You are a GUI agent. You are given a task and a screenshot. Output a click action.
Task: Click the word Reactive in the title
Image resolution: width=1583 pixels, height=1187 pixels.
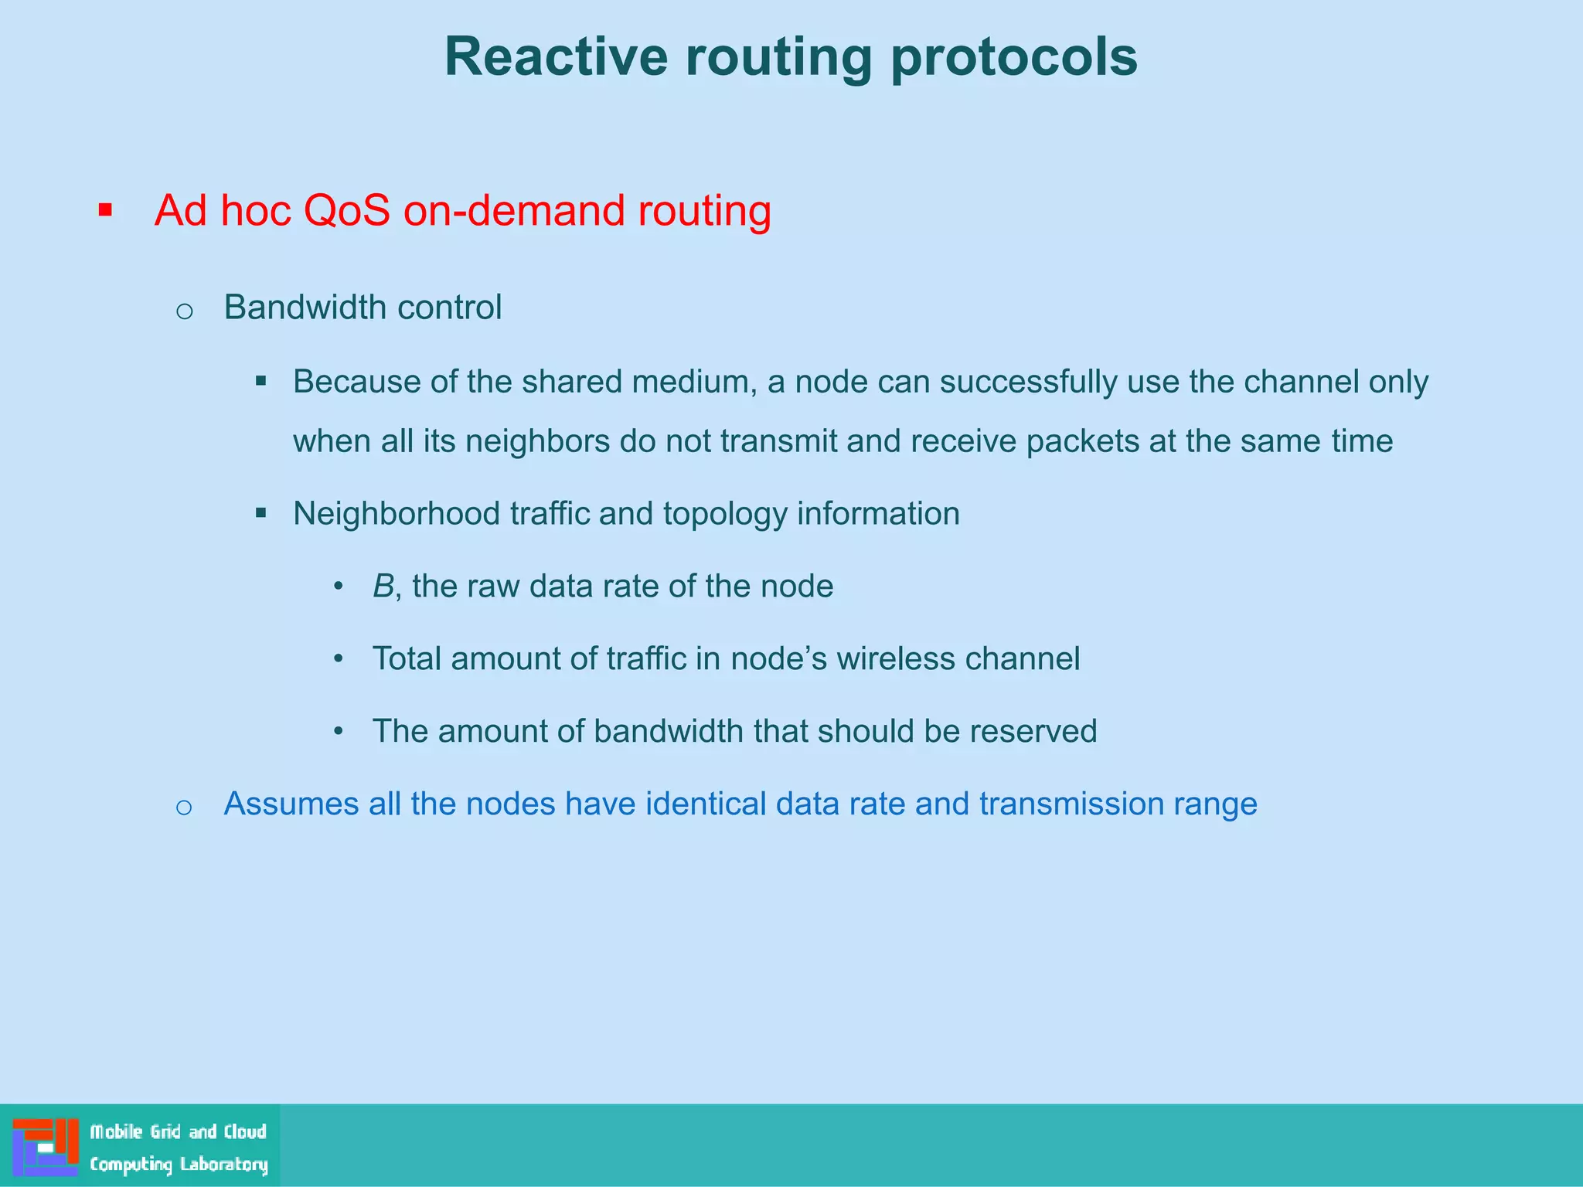tap(556, 57)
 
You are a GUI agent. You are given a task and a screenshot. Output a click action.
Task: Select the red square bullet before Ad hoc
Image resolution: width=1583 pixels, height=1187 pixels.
tap(106, 209)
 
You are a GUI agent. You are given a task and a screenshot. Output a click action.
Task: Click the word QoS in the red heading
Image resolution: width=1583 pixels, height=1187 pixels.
tap(346, 210)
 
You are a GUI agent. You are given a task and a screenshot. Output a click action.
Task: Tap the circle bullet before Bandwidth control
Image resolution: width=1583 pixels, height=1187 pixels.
tap(184, 311)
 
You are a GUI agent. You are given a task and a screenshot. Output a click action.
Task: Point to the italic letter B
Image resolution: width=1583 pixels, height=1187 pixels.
tap(383, 586)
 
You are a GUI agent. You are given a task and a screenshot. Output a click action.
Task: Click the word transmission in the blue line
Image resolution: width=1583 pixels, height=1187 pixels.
tap(1071, 804)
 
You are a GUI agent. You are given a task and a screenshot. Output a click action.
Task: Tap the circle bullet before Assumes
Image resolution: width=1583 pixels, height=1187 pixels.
tap(184, 808)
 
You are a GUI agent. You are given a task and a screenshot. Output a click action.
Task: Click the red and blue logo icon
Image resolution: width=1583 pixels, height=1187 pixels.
tap(45, 1147)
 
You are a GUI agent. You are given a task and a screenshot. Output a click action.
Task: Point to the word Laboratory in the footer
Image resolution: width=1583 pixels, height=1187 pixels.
tap(223, 1164)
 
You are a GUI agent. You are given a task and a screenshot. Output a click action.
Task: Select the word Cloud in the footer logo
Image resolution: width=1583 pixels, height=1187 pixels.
tap(245, 1131)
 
